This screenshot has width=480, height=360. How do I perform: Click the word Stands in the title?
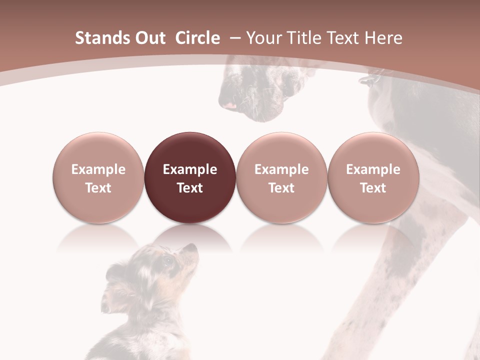(101, 38)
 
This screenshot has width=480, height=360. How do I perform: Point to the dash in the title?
(235, 38)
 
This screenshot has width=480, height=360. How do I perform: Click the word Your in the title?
(264, 38)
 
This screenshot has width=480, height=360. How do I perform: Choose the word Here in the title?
(382, 38)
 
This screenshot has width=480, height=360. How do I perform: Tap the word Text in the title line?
(344, 38)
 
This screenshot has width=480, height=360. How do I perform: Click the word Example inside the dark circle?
(189, 169)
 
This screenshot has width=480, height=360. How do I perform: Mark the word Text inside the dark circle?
(189, 188)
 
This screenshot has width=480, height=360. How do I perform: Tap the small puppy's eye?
(167, 260)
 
